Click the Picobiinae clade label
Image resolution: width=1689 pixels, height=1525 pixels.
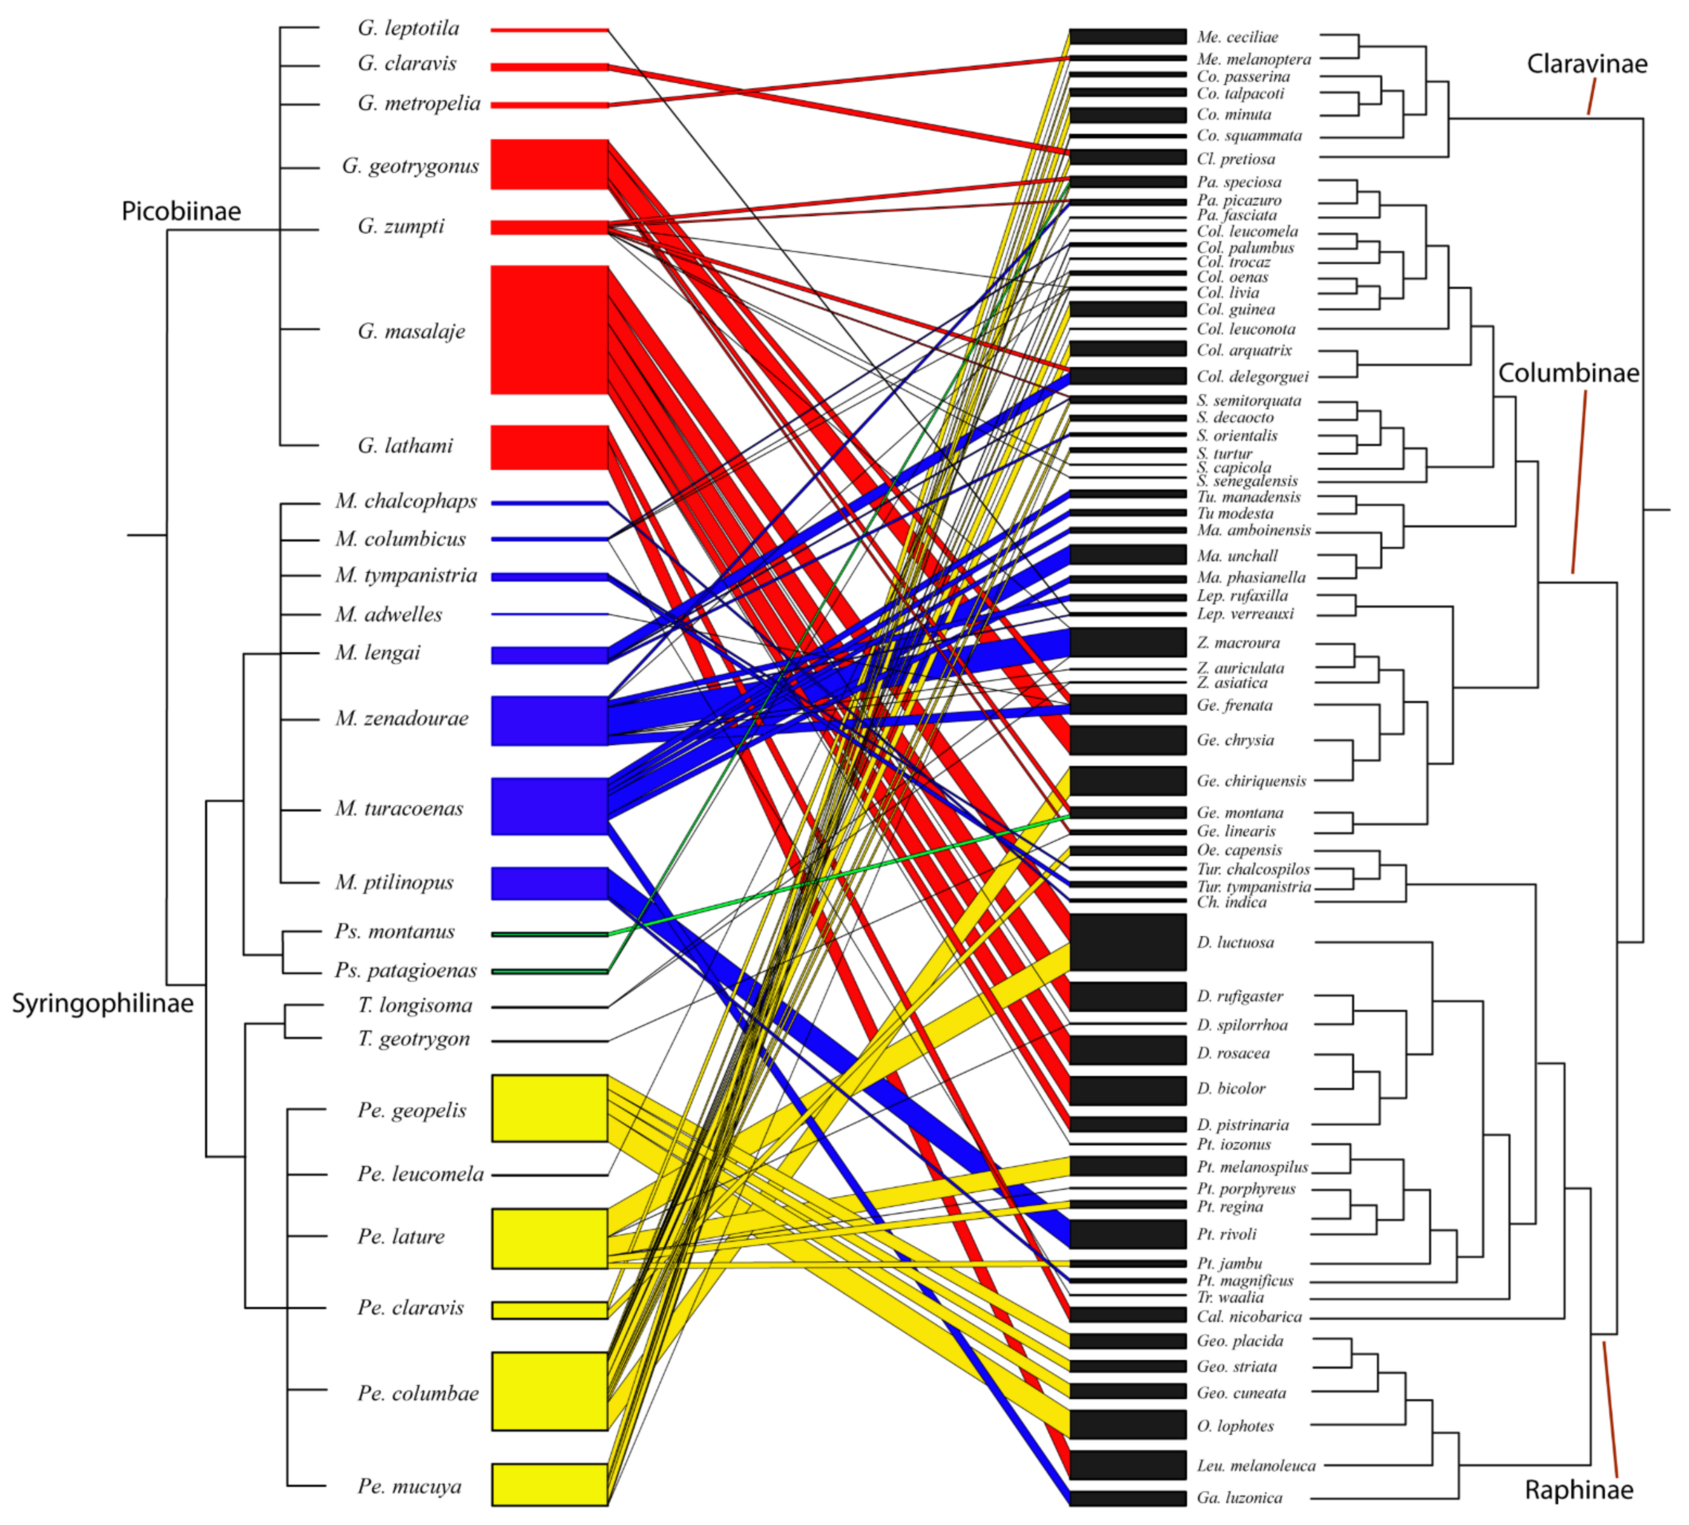pyautogui.click(x=181, y=211)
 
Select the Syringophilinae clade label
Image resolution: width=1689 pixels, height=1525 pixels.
pyautogui.click(x=102, y=1003)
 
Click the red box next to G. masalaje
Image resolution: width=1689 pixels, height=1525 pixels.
pyautogui.click(x=549, y=330)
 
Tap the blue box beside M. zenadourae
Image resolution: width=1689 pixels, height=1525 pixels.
pyautogui.click(x=549, y=720)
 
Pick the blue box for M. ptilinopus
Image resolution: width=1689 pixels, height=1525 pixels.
pyautogui.click(x=549, y=884)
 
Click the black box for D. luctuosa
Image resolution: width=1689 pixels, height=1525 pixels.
pyautogui.click(x=1128, y=942)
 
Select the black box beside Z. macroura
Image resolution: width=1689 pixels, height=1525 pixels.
pyautogui.click(x=1128, y=642)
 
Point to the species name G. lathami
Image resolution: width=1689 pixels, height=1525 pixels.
pyautogui.click(x=405, y=445)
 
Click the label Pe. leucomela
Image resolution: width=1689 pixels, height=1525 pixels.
pyautogui.click(x=420, y=1174)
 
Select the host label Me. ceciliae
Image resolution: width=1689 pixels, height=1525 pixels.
pyautogui.click(x=1237, y=37)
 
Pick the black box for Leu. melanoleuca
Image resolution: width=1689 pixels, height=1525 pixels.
pyautogui.click(x=1128, y=1465)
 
